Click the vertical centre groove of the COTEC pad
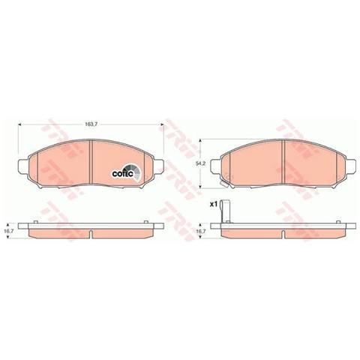point(91,161)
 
